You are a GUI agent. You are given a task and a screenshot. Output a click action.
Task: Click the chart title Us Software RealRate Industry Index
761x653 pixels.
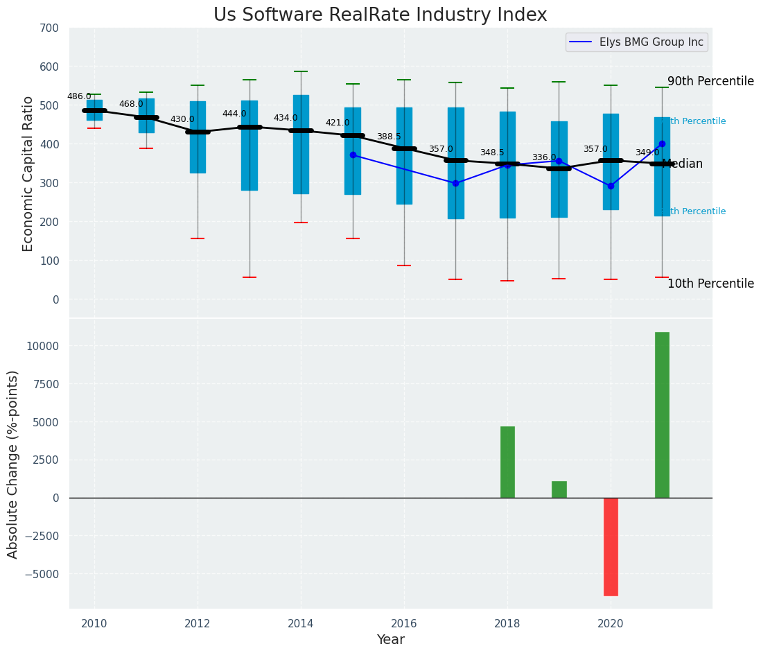(380, 15)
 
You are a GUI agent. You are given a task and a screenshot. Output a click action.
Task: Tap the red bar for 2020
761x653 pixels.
(611, 546)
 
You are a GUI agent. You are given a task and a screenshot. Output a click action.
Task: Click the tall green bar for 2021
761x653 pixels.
(662, 415)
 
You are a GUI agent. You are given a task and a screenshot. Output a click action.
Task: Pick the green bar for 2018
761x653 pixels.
(507, 462)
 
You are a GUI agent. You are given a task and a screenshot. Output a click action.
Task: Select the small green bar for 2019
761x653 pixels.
(559, 489)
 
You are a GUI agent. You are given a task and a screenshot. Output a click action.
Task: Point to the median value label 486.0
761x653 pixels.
(79, 96)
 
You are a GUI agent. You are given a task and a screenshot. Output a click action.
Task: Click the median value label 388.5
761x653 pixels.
(389, 137)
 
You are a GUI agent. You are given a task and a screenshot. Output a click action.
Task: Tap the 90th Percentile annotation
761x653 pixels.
(710, 81)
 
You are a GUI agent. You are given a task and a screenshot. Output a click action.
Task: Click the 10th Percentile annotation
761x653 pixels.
(710, 284)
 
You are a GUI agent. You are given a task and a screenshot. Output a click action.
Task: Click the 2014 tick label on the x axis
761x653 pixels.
(301, 623)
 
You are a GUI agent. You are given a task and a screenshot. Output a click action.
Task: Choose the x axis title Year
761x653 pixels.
(391, 640)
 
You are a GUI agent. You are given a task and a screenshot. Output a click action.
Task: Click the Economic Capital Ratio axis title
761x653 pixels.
(28, 173)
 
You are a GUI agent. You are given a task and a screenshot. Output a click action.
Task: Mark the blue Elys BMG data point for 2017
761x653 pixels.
(455, 183)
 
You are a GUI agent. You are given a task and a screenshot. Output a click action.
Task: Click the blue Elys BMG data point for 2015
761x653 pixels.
(353, 155)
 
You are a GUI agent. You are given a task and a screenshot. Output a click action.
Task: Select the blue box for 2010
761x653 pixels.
(94, 110)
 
